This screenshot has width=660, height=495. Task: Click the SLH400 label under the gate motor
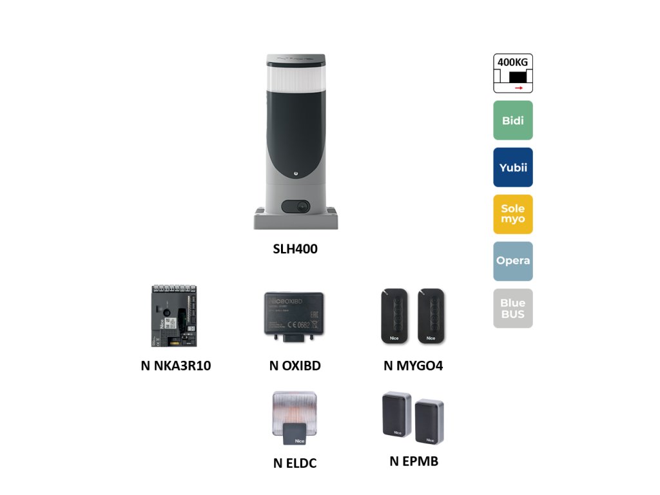295,249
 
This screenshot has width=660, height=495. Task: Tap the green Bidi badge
513,121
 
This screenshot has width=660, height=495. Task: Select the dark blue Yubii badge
513,168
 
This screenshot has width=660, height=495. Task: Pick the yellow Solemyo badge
513,214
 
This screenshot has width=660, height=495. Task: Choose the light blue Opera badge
513,261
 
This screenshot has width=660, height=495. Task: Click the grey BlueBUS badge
513,308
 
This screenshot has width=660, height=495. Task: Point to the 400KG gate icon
513,73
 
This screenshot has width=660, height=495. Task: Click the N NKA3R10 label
176,366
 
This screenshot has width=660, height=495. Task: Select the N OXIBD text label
295,366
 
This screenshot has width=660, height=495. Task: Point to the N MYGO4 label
413,366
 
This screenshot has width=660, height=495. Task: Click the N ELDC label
295,463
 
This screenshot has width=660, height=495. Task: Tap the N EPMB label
414,461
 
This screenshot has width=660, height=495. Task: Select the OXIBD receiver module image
294,316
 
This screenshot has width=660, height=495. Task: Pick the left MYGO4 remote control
394,316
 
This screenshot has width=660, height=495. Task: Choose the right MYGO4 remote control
430,316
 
